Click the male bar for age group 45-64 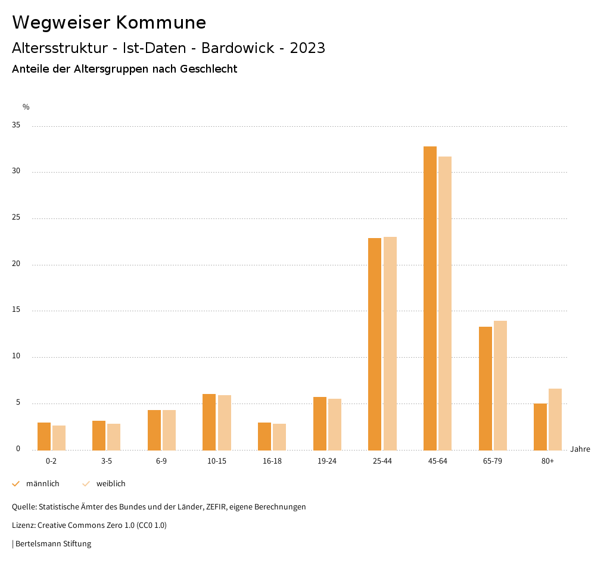pos(430,298)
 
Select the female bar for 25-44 pos(390,343)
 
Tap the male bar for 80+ pos(540,427)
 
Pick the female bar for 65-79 pos(500,385)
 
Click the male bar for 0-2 pos(44,436)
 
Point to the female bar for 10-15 pos(224,423)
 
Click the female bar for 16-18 pos(279,437)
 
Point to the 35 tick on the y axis pos(16,126)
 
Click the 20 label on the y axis pos(16,264)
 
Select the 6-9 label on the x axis pos(161,461)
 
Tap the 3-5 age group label pos(106,461)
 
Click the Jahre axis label pos(580,449)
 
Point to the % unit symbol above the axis pos(26,107)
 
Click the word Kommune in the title pos(161,23)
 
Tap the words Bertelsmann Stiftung pos(53,543)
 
